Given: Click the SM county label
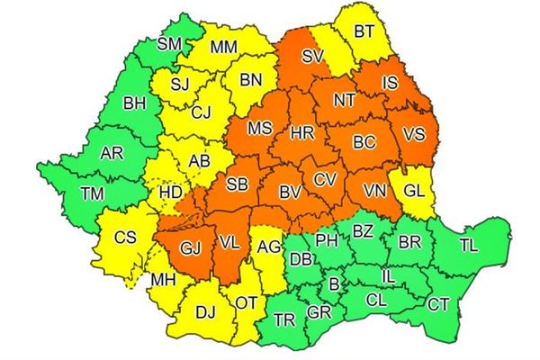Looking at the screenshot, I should [169, 42].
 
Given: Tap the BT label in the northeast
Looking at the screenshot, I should [364, 31].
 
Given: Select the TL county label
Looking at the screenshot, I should [469, 244].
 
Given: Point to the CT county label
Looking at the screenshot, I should [438, 305].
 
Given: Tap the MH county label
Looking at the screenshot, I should [163, 281].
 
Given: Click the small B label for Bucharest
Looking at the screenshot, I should [335, 284].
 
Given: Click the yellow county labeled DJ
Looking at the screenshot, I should [205, 311].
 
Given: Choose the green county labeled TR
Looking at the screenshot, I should [284, 319].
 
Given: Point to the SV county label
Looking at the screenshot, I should [312, 56].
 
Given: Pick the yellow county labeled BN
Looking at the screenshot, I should [250, 79].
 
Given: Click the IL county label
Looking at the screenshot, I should [389, 275].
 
